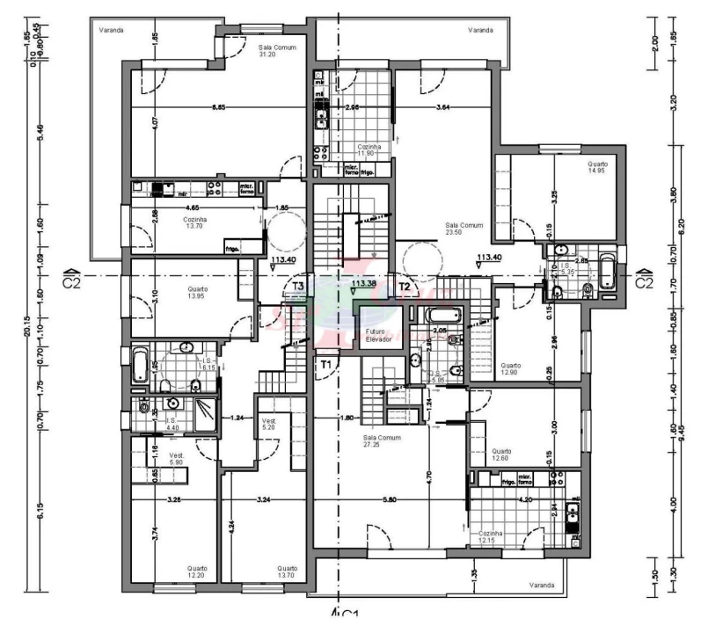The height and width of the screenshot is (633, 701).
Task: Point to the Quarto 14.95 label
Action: pyautogui.click(x=597, y=167)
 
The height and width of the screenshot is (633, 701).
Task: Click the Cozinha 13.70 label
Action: pyautogui.click(x=194, y=223)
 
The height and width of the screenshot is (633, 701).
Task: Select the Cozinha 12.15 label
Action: pyautogui.click(x=491, y=537)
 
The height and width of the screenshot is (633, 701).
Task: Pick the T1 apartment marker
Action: pyautogui.click(x=326, y=363)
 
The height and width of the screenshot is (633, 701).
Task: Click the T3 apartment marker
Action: pyautogui.click(x=298, y=287)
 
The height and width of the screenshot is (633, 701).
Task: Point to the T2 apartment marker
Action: pyautogui.click(x=405, y=287)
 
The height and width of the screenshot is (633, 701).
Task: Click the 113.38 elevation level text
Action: pyautogui.click(x=365, y=285)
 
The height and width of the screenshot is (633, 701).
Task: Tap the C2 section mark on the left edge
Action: pyautogui.click(x=73, y=280)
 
